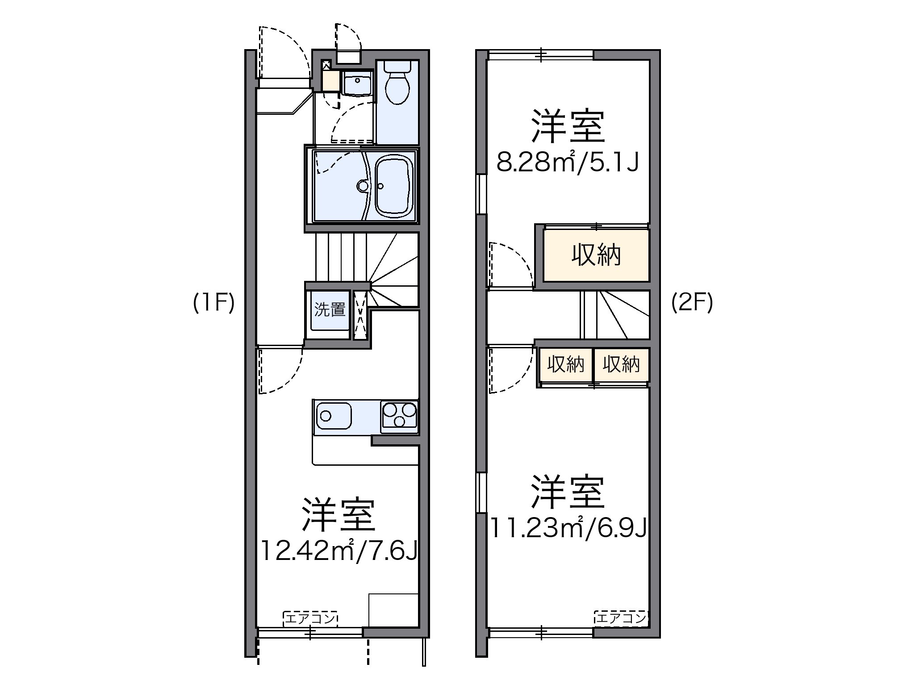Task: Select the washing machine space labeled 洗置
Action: (330, 310)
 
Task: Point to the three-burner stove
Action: (399, 416)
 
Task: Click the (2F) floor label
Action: (692, 304)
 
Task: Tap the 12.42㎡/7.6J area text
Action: (339, 551)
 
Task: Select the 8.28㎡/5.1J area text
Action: (568, 163)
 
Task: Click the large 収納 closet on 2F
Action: (596, 256)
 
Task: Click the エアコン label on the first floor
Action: (310, 618)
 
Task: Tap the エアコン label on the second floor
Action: (621, 618)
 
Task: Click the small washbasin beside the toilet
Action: (357, 83)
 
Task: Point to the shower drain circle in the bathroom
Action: (362, 185)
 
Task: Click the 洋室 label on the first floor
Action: (338, 514)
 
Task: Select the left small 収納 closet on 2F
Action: (566, 365)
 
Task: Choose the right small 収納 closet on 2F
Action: (621, 365)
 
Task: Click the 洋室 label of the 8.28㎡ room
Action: (568, 127)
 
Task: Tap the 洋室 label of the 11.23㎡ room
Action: (568, 492)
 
